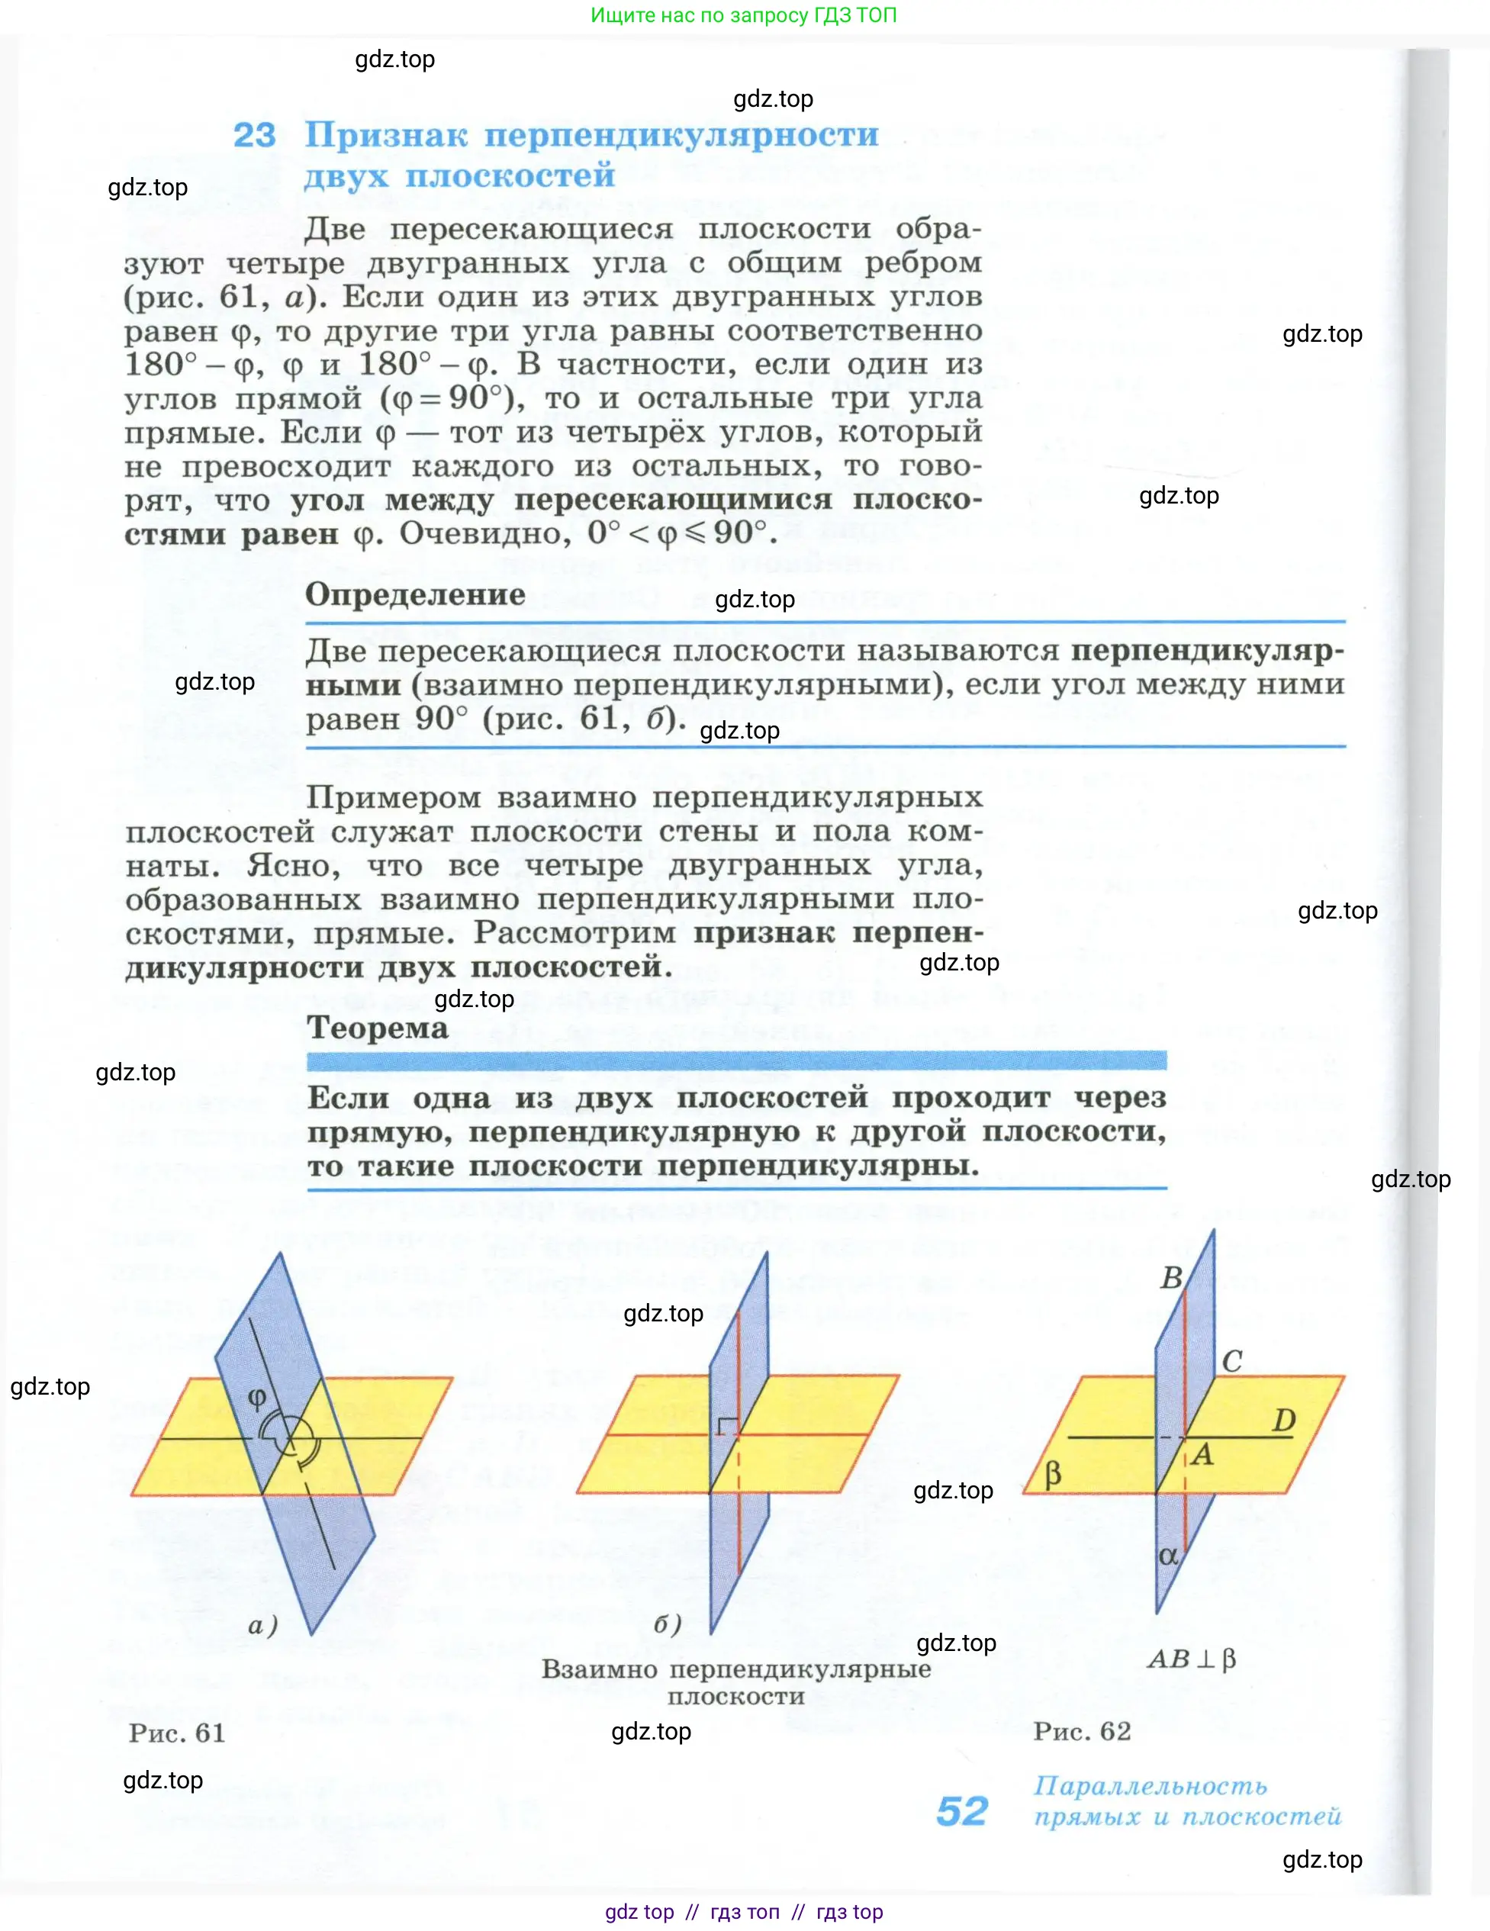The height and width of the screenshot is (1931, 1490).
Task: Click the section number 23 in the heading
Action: (254, 135)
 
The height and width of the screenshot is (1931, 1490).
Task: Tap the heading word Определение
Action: (415, 594)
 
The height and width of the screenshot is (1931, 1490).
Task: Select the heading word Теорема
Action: (378, 1028)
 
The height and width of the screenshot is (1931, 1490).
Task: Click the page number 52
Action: (961, 1812)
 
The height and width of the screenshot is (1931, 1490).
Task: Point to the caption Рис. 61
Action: (177, 1732)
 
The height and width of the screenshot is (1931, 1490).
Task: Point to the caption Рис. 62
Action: (1082, 1730)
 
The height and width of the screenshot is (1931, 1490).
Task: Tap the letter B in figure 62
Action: (1171, 1279)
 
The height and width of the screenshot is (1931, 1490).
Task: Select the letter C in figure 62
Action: (1232, 1362)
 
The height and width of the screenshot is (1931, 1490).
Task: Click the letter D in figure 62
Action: (1283, 1421)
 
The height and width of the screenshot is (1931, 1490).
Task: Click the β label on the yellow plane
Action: (1052, 1474)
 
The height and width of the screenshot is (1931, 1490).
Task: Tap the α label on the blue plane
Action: (1168, 1556)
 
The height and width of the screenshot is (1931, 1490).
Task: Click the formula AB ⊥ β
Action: (1191, 1659)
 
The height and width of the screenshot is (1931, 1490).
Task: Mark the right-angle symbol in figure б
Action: (727, 1424)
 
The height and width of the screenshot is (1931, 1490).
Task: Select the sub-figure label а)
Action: (262, 1625)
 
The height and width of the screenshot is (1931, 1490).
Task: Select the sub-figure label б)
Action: (668, 1624)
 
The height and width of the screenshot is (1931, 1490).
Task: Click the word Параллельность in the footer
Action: (1150, 1786)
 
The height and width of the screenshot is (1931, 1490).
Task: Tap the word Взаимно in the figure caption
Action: (600, 1669)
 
